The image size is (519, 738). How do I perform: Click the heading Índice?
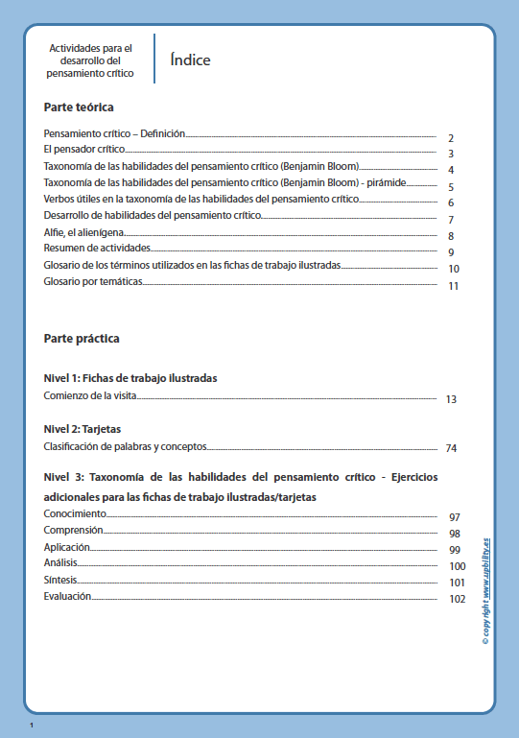190,60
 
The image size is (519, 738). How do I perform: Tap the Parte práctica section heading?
82,339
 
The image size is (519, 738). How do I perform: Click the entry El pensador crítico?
84,151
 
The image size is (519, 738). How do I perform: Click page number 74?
452,448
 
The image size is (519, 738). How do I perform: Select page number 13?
452,399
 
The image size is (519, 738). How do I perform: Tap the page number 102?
457,600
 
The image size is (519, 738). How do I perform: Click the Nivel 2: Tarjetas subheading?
83,428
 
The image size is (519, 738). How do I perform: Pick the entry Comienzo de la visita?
91,395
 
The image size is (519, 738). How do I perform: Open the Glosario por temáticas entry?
93,282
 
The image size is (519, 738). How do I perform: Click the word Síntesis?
60,580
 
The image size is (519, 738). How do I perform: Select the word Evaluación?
67,596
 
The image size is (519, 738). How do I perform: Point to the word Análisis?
60,562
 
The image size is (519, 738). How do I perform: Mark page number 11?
454,286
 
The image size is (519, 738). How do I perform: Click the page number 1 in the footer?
32,725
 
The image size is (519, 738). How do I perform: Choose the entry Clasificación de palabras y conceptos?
125,445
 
